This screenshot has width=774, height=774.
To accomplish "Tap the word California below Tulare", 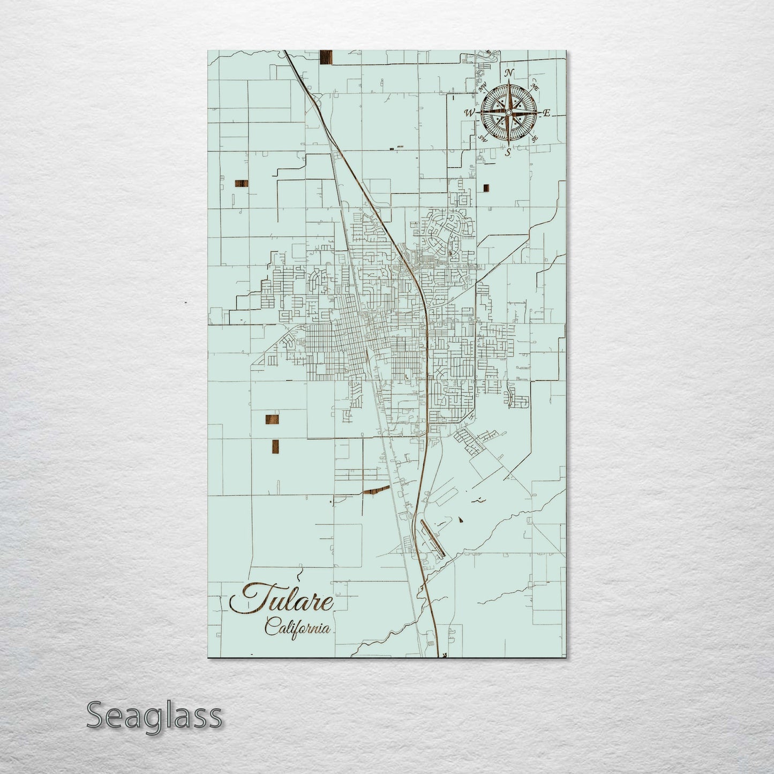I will (x=297, y=627).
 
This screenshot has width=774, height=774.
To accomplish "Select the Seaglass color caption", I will (x=154, y=716).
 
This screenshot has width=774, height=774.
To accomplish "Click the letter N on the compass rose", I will (x=510, y=73).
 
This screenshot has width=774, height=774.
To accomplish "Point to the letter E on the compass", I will (x=547, y=113).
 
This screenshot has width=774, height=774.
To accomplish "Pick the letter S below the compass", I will (x=508, y=152).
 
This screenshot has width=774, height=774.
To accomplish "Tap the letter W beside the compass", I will (x=469, y=113).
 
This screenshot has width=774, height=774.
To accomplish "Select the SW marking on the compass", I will (x=482, y=138).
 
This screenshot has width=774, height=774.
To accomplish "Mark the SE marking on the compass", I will (x=534, y=138).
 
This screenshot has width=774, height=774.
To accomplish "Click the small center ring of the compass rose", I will (x=508, y=112).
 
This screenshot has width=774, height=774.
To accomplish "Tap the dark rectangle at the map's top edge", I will (x=326, y=57).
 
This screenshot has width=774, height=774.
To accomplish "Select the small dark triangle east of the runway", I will (x=461, y=519).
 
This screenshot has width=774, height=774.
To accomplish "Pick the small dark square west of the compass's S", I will (x=486, y=187).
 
